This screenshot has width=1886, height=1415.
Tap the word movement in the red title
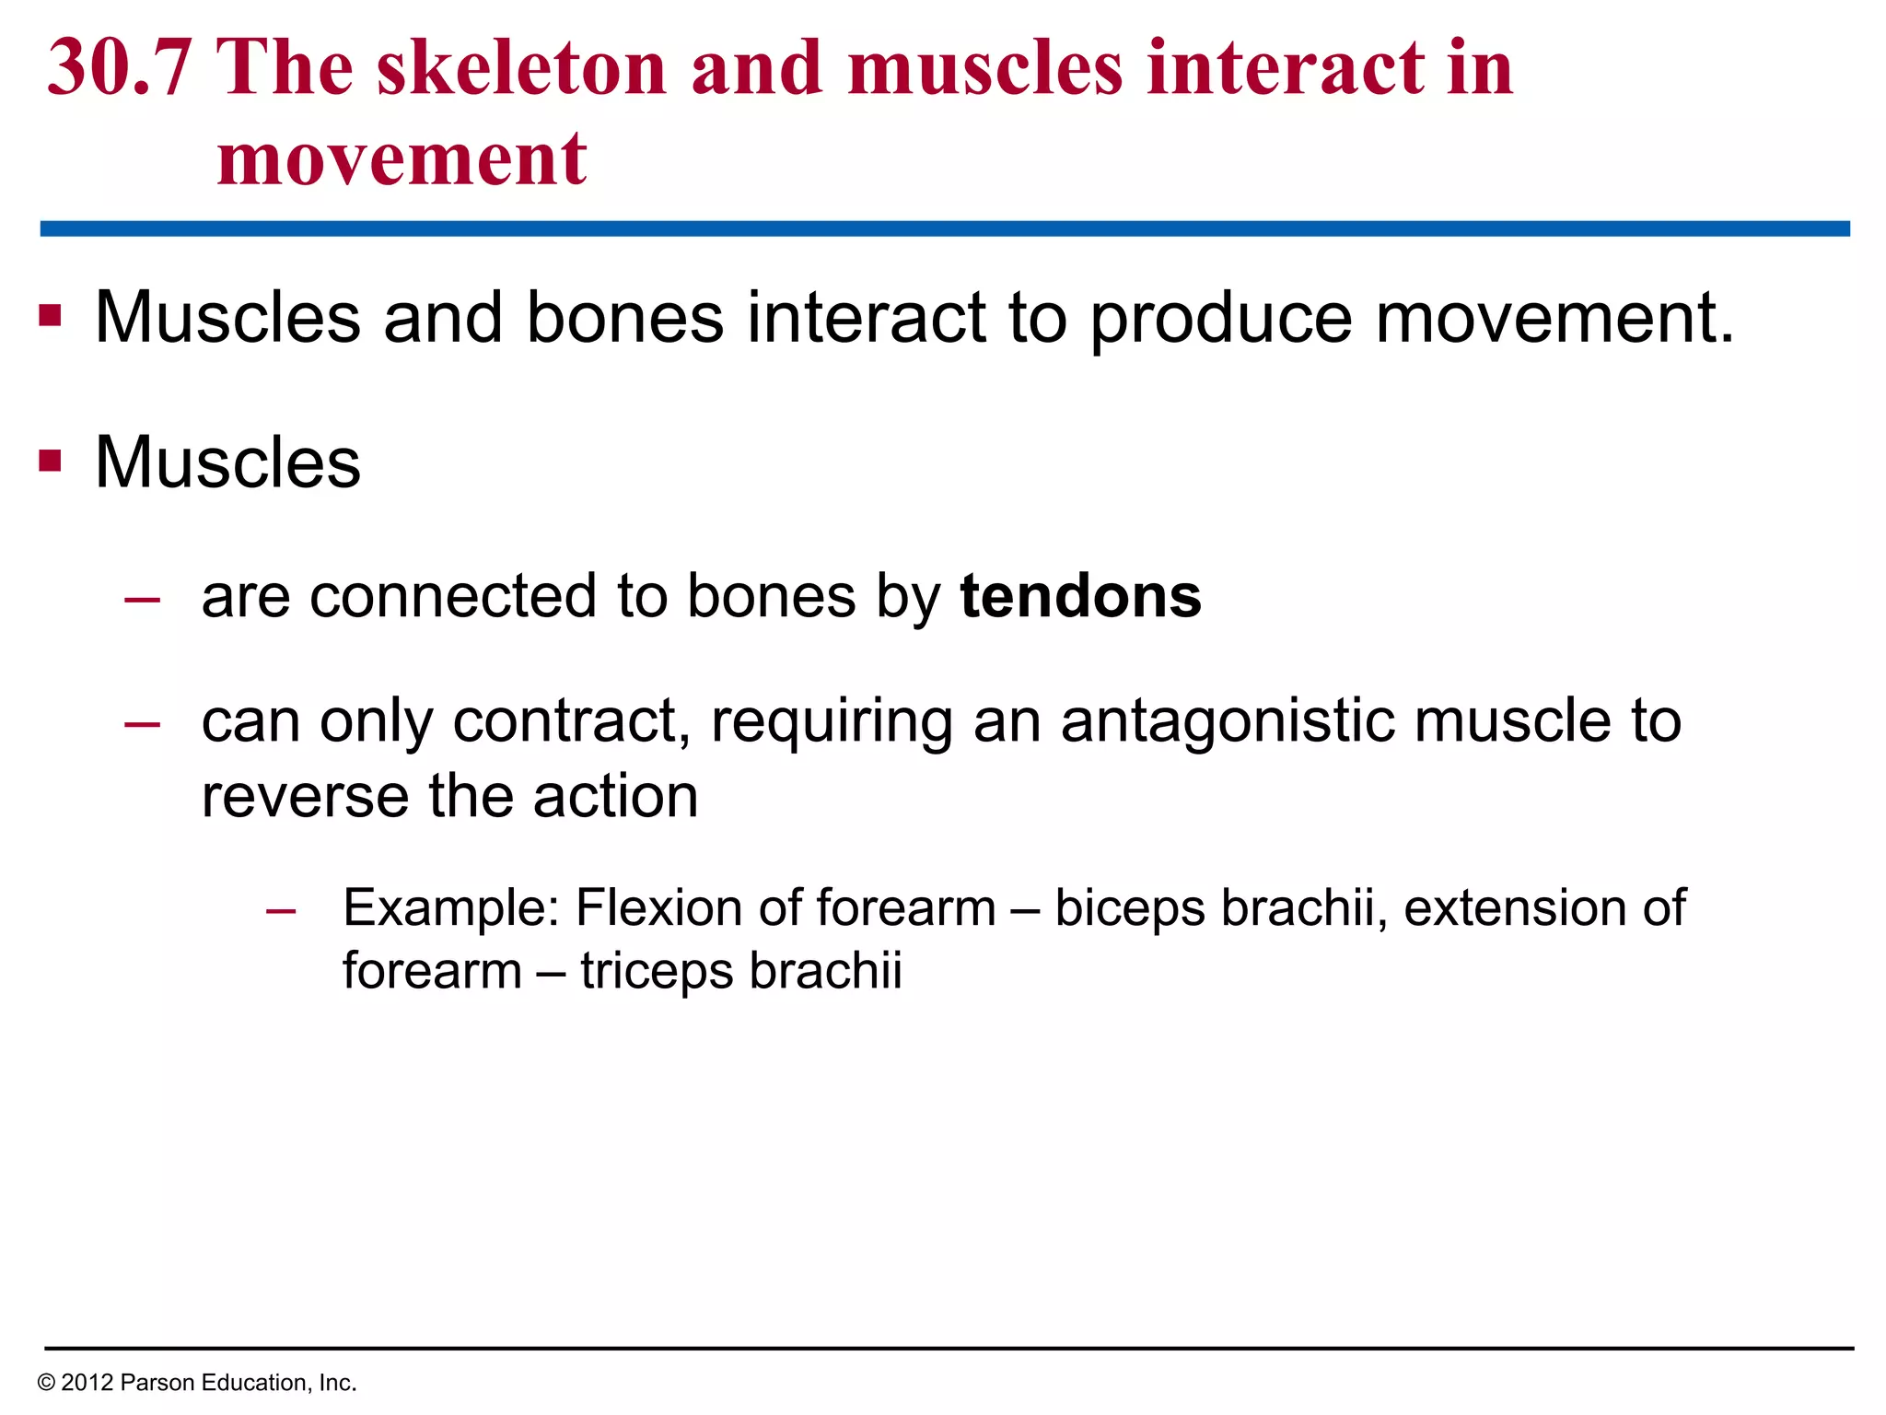402,158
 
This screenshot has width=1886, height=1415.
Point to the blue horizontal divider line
943,228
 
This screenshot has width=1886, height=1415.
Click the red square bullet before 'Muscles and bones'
50,317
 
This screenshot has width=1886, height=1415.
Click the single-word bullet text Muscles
227,462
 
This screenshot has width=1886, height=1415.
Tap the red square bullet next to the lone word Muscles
50,460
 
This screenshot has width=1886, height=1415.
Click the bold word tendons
1080,597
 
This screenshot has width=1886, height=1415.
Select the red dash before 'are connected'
143,601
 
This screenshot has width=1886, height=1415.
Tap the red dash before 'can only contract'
143,725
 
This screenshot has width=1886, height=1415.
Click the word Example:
451,908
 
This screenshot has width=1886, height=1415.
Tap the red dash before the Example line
281,912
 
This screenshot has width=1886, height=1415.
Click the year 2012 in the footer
87,1383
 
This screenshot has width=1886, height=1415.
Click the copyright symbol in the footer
46,1383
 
